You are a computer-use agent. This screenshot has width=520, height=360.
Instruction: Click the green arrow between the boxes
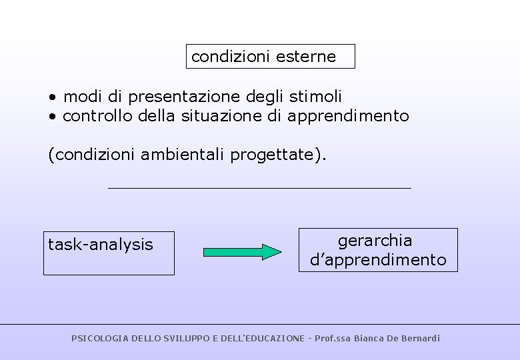point(242,252)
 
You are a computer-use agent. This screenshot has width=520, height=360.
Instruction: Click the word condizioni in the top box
point(224,57)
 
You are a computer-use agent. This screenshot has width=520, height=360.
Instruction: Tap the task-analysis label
point(101,245)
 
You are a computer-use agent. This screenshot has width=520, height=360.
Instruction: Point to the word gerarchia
point(375,240)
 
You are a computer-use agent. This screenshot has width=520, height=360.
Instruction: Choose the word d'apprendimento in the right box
point(378,259)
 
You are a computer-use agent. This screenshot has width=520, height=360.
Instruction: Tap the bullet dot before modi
point(51,97)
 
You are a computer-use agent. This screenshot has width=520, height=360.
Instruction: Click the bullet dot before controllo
point(51,117)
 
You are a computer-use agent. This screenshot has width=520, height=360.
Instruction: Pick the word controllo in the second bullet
point(98,116)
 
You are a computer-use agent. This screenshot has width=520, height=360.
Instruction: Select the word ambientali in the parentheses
point(184,155)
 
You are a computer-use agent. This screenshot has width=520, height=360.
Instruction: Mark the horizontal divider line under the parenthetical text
point(259,188)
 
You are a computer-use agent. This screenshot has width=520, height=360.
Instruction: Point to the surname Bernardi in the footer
point(419,339)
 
